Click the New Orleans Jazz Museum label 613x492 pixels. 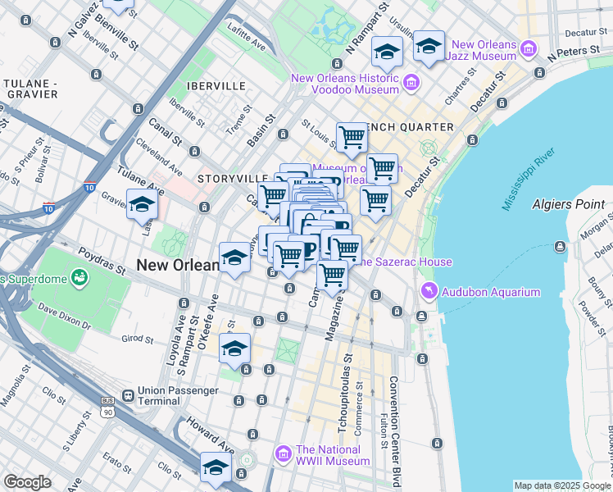tap(484, 50)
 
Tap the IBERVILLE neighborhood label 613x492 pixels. tap(216, 85)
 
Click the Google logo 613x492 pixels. tap(27, 482)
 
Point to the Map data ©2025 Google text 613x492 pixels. tap(562, 485)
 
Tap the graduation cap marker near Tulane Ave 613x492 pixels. tap(142, 203)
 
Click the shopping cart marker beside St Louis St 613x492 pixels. tap(352, 137)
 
